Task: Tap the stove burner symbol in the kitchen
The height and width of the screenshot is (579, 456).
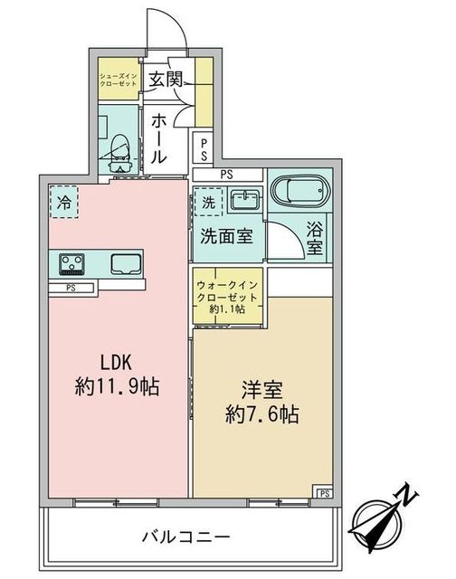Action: pyautogui.click(x=71, y=264)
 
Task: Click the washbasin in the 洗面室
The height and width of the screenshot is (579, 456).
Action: pyautogui.click(x=242, y=199)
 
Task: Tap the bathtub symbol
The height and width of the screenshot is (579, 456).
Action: pyautogui.click(x=299, y=193)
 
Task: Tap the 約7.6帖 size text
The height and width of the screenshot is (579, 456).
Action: pyautogui.click(x=262, y=414)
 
